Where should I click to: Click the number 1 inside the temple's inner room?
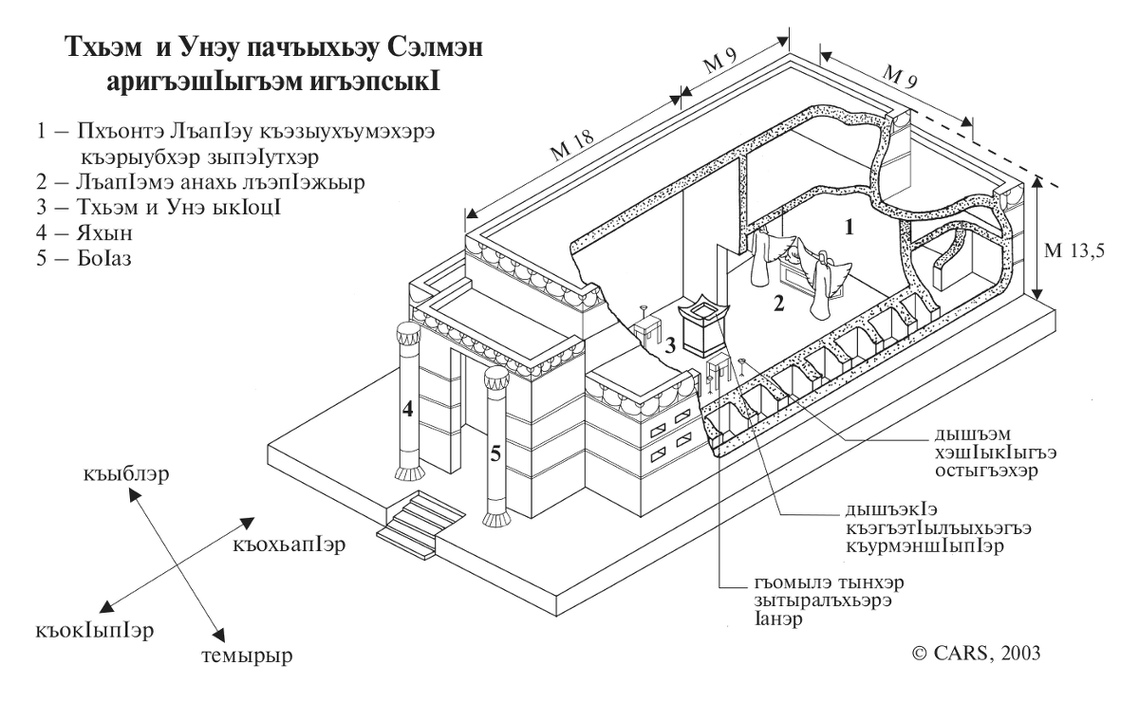point(850,226)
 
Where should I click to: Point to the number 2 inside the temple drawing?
point(778,305)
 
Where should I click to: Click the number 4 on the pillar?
point(409,411)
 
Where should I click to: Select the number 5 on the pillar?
point(495,453)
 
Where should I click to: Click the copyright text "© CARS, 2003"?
point(976,652)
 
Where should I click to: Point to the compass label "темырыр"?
point(246,655)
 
